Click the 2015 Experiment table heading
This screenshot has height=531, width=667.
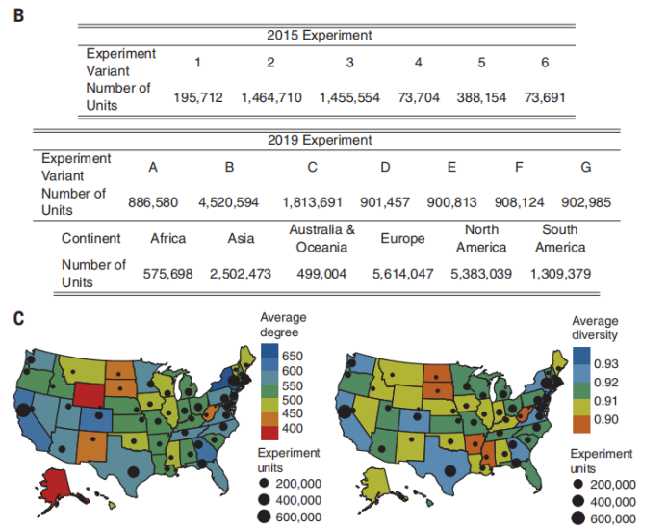[319, 36]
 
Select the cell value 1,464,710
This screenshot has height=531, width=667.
[271, 98]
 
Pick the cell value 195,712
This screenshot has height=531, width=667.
[198, 98]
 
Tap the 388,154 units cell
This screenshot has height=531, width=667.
[481, 98]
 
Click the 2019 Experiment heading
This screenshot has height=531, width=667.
[319, 140]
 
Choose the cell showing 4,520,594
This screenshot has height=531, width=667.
[229, 202]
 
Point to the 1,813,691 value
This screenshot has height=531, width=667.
[312, 202]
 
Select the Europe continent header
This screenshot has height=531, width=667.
[403, 238]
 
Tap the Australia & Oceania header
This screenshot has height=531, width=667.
[321, 238]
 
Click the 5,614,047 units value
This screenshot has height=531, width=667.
[403, 274]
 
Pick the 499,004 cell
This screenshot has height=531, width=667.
[321, 274]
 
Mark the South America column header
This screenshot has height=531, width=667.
[560, 238]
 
